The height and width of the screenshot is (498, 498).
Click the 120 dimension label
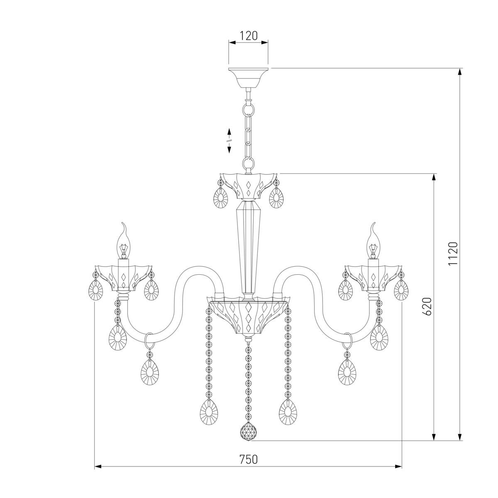pos(248,36)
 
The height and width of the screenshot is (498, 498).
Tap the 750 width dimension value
pos(248,459)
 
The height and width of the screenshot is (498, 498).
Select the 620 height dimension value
pos(428,307)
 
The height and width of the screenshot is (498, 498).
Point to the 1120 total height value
pos(453,254)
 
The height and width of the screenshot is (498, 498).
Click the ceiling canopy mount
pos(248,78)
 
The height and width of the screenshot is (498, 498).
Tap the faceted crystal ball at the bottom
pos(248,431)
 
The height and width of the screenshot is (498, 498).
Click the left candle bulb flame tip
pos(125,223)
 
